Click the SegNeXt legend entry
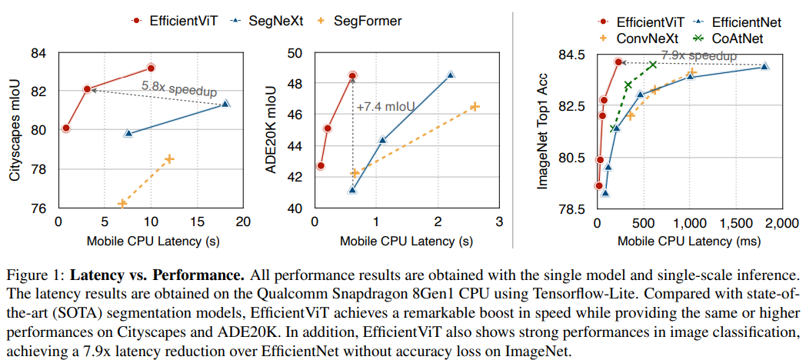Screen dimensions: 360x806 pos(265,21)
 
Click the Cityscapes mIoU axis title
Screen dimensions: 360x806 pos(14,128)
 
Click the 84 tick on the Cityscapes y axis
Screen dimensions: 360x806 pos(38,53)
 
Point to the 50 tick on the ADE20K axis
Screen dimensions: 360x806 pos(296,53)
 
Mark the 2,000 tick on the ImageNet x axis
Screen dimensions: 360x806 pos(778,222)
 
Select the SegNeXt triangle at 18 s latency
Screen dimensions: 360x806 pos(225,104)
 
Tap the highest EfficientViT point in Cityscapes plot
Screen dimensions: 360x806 pos(151,68)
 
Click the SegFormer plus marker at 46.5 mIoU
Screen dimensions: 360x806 pos(475,106)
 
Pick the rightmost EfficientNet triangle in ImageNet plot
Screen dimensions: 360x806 pos(764,66)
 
